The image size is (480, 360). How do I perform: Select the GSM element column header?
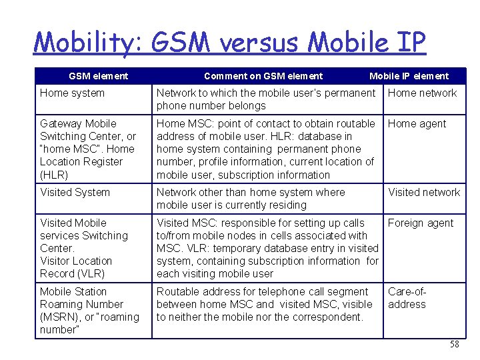[x=98, y=76]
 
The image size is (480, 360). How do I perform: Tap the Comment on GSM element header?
[x=263, y=76]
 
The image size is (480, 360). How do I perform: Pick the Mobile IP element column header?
[x=409, y=76]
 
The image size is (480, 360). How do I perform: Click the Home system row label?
[x=72, y=93]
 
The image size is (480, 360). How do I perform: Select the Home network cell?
[x=422, y=93]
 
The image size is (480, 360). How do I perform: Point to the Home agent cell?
[x=417, y=124]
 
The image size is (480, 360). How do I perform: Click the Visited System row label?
[x=75, y=193]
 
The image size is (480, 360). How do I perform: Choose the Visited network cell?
[x=424, y=193]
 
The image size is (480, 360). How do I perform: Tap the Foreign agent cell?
[x=420, y=223]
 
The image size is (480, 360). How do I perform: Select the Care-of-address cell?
[x=407, y=298]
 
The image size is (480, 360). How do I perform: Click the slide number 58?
[x=455, y=345]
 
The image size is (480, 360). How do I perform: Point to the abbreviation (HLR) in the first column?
[x=54, y=175]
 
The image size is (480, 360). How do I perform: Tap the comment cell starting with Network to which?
[x=265, y=99]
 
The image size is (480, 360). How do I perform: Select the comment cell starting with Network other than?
[x=251, y=199]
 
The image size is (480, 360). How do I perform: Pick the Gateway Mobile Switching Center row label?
[x=87, y=136]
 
